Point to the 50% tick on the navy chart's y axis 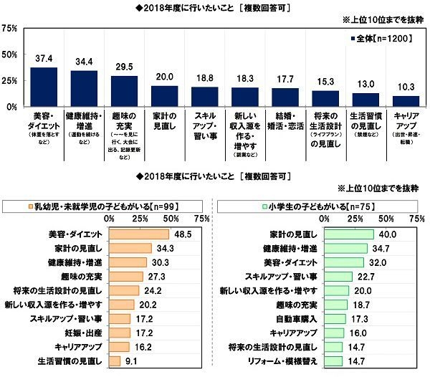(10, 54)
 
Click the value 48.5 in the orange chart (182, 234)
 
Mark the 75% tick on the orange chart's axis (202, 219)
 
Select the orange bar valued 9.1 (115, 361)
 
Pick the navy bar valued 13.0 (365, 100)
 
